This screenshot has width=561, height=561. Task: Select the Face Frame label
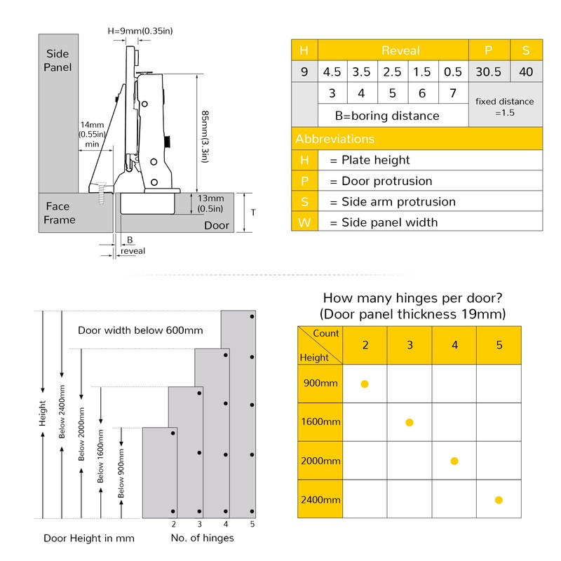[60, 213]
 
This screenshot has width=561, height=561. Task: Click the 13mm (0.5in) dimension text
[210, 203]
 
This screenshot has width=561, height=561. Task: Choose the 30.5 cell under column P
[488, 72]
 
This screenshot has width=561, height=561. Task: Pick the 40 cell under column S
[526, 72]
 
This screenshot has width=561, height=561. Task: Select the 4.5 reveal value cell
[332, 72]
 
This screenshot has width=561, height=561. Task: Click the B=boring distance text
[386, 116]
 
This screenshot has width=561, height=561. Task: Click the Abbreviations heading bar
[417, 139]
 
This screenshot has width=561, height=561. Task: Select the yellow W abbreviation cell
[304, 222]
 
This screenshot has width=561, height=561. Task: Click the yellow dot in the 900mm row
[365, 384]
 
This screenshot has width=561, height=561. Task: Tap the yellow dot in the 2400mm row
[499, 500]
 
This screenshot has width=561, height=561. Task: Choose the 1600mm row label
[320, 422]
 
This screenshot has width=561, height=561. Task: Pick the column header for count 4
[454, 345]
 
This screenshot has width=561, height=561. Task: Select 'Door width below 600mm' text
[136, 330]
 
